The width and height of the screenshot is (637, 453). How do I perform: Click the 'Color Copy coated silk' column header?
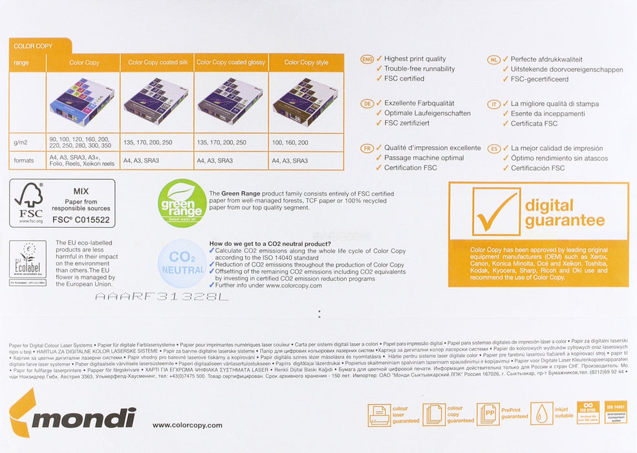[x=157, y=62]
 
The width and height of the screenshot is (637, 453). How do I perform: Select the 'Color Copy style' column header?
[x=306, y=62]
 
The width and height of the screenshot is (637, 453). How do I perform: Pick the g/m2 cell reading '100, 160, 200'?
[x=290, y=142]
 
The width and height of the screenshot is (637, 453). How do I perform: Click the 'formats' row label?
[x=25, y=160]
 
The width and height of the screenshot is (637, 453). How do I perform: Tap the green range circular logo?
[x=182, y=203]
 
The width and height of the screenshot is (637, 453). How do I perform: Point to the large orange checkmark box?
[x=496, y=212]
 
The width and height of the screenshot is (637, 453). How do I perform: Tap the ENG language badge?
[x=367, y=59]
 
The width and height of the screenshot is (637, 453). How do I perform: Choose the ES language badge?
[x=494, y=148]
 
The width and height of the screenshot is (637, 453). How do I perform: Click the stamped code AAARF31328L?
[x=162, y=297]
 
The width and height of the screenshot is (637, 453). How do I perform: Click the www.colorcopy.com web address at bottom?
[x=187, y=425]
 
